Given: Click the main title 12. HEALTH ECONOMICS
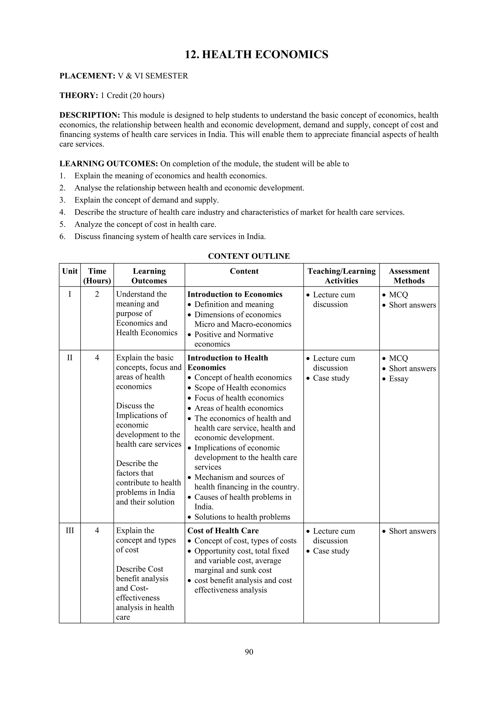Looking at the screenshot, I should pos(256,55).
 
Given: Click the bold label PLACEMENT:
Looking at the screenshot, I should pos(87,76).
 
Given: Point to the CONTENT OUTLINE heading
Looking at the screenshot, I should pos(249,256).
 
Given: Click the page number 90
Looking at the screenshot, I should pos(249,652).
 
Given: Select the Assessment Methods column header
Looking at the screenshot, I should pos(409,276).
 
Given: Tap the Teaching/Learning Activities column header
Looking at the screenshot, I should pos(341,276).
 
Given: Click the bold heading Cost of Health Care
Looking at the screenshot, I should pos(223,531).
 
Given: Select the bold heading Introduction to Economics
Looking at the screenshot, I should pos(235,294).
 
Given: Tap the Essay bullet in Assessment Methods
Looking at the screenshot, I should pos(398,379).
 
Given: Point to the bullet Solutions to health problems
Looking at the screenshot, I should pos(242,517).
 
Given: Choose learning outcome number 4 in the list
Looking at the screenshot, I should pos(239,212).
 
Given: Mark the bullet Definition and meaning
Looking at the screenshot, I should pos(234,304).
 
